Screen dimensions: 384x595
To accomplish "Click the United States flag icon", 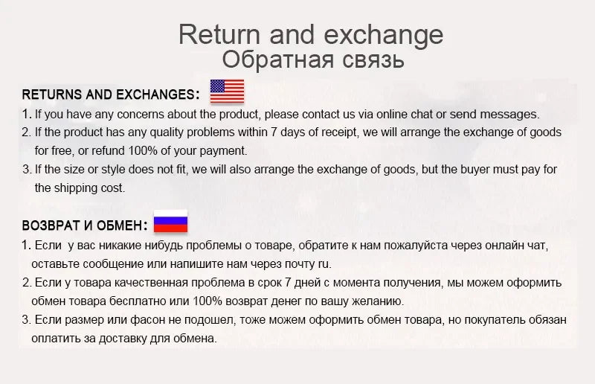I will [227, 92].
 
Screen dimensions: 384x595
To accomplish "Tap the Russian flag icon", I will [170, 223].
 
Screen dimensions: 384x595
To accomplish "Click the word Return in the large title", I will [219, 34].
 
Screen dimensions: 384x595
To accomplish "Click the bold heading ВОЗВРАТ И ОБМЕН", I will [85, 225].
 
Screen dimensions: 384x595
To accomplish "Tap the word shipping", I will [77, 188].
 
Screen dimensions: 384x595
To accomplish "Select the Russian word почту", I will [295, 264].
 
